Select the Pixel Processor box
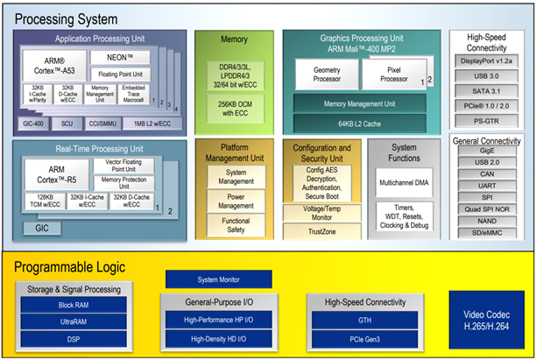click(395, 74)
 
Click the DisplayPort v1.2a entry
click(488, 61)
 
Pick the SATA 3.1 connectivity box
click(488, 91)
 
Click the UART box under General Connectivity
click(488, 186)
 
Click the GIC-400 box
click(36, 124)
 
